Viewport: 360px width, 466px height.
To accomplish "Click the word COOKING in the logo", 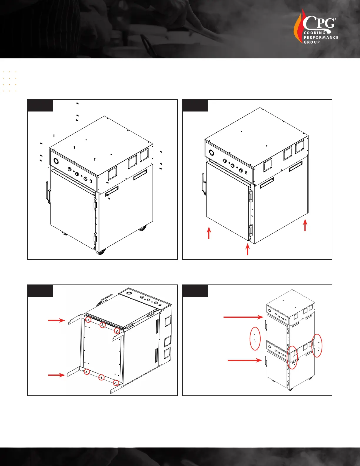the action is coord(314,33).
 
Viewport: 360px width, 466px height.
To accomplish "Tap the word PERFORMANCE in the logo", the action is coord(321,38).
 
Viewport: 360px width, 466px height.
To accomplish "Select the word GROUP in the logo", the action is coord(311,42).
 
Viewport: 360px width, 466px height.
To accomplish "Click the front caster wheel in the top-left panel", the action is coord(101,252).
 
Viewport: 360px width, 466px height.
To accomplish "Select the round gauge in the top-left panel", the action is coord(56,161).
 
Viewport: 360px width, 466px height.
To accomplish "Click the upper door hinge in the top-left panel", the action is coord(96,204).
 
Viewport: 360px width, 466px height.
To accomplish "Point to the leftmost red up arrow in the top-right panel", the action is coord(209,233).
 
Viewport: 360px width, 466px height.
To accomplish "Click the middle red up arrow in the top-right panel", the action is coord(248,249).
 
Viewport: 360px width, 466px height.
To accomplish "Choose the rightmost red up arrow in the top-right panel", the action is coord(305,225).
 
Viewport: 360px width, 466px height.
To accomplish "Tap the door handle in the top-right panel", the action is coord(204,184).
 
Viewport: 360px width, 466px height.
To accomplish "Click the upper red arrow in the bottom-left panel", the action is coord(56,320).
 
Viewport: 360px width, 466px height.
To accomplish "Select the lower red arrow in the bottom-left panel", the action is coord(56,375).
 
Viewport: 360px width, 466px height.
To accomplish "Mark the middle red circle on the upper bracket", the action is coord(103,325).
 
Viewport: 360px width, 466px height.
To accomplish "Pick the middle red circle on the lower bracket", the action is coord(101,377).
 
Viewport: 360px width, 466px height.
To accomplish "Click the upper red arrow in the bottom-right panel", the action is coord(243,317).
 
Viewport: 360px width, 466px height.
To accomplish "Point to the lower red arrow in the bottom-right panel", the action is coord(245,360).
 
